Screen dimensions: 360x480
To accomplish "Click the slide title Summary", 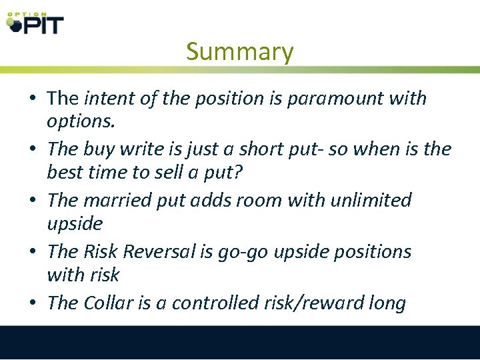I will (239, 51).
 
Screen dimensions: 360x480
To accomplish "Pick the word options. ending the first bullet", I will (79, 121).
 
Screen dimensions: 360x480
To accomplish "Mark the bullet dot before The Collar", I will (32, 304).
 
